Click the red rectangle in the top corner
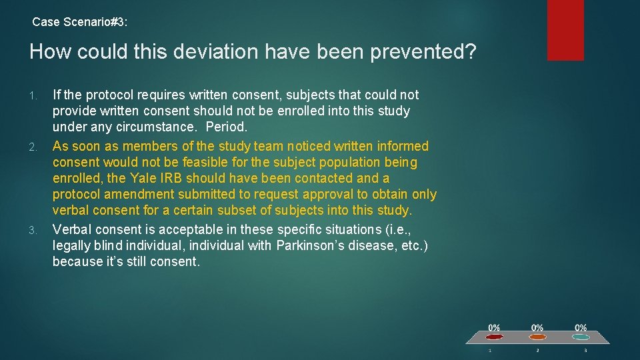tap(565, 30)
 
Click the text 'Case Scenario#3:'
tap(80, 22)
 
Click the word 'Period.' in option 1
tap(227, 127)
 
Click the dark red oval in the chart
tap(493, 337)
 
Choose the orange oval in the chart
tap(537, 337)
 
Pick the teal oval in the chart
tap(581, 337)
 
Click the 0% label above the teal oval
tap(581, 327)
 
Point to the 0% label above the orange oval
tap(537, 327)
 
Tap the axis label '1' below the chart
tap(490, 350)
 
